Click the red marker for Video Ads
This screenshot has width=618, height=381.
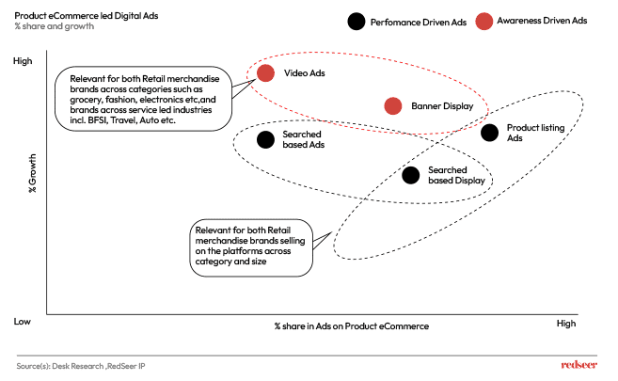(x=265, y=73)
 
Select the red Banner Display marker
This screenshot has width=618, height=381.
(x=393, y=106)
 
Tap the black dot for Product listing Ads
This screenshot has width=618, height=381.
(x=489, y=133)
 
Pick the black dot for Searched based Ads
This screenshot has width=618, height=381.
(x=265, y=140)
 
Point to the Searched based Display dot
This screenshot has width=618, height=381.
(x=410, y=175)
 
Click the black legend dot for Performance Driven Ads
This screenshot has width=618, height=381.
(x=357, y=21)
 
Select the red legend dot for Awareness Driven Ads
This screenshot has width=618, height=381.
(x=483, y=21)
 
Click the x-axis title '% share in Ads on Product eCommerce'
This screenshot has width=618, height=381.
(x=351, y=325)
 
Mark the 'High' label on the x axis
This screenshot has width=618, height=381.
(x=565, y=323)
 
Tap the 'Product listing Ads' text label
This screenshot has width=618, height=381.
(x=534, y=133)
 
